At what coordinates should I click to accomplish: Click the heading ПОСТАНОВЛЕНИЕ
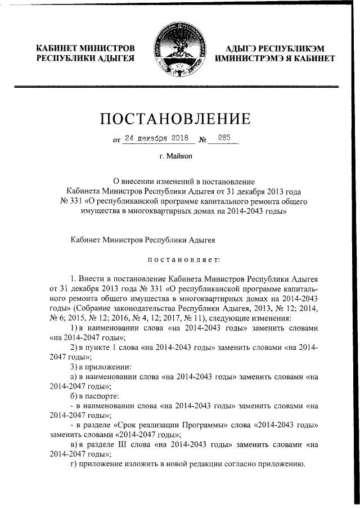175,119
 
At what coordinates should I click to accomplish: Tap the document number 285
223,137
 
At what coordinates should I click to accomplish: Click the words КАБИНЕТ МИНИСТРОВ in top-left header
84,49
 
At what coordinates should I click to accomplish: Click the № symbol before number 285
202,138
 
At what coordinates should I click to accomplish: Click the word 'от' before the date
116,139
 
